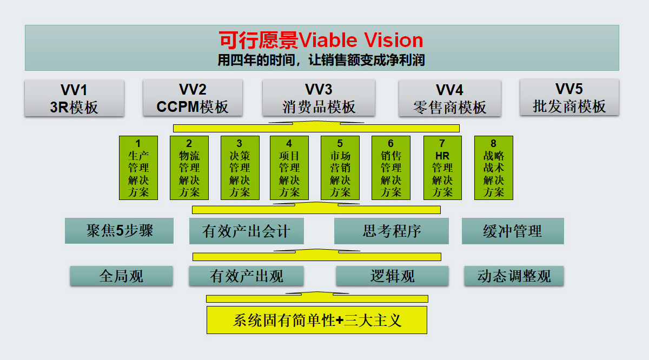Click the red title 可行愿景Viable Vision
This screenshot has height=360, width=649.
(321, 40)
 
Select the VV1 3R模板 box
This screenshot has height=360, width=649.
(74, 98)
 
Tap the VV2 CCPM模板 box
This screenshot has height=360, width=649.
(193, 98)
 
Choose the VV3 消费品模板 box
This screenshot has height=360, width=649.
(319, 98)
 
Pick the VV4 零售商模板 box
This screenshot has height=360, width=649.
(449, 98)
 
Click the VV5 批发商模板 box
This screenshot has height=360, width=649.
(569, 97)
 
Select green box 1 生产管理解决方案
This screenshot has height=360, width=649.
(138, 168)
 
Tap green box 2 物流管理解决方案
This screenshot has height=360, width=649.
(189, 168)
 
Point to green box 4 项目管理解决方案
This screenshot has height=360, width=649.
(289, 168)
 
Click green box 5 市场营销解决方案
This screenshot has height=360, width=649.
(340, 168)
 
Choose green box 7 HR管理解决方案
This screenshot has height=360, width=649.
(442, 168)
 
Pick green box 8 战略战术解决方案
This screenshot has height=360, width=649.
(493, 168)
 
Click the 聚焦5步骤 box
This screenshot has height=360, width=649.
(119, 231)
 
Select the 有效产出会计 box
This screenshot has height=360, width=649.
(246, 231)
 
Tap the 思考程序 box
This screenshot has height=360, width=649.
(391, 231)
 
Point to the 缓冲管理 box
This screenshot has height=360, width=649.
(512, 231)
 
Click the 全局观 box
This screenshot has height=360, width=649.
(121, 276)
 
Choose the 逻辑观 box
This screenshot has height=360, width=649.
(392, 276)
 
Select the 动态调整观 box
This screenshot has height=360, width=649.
(514, 276)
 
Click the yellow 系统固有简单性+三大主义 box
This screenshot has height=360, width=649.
(317, 319)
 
